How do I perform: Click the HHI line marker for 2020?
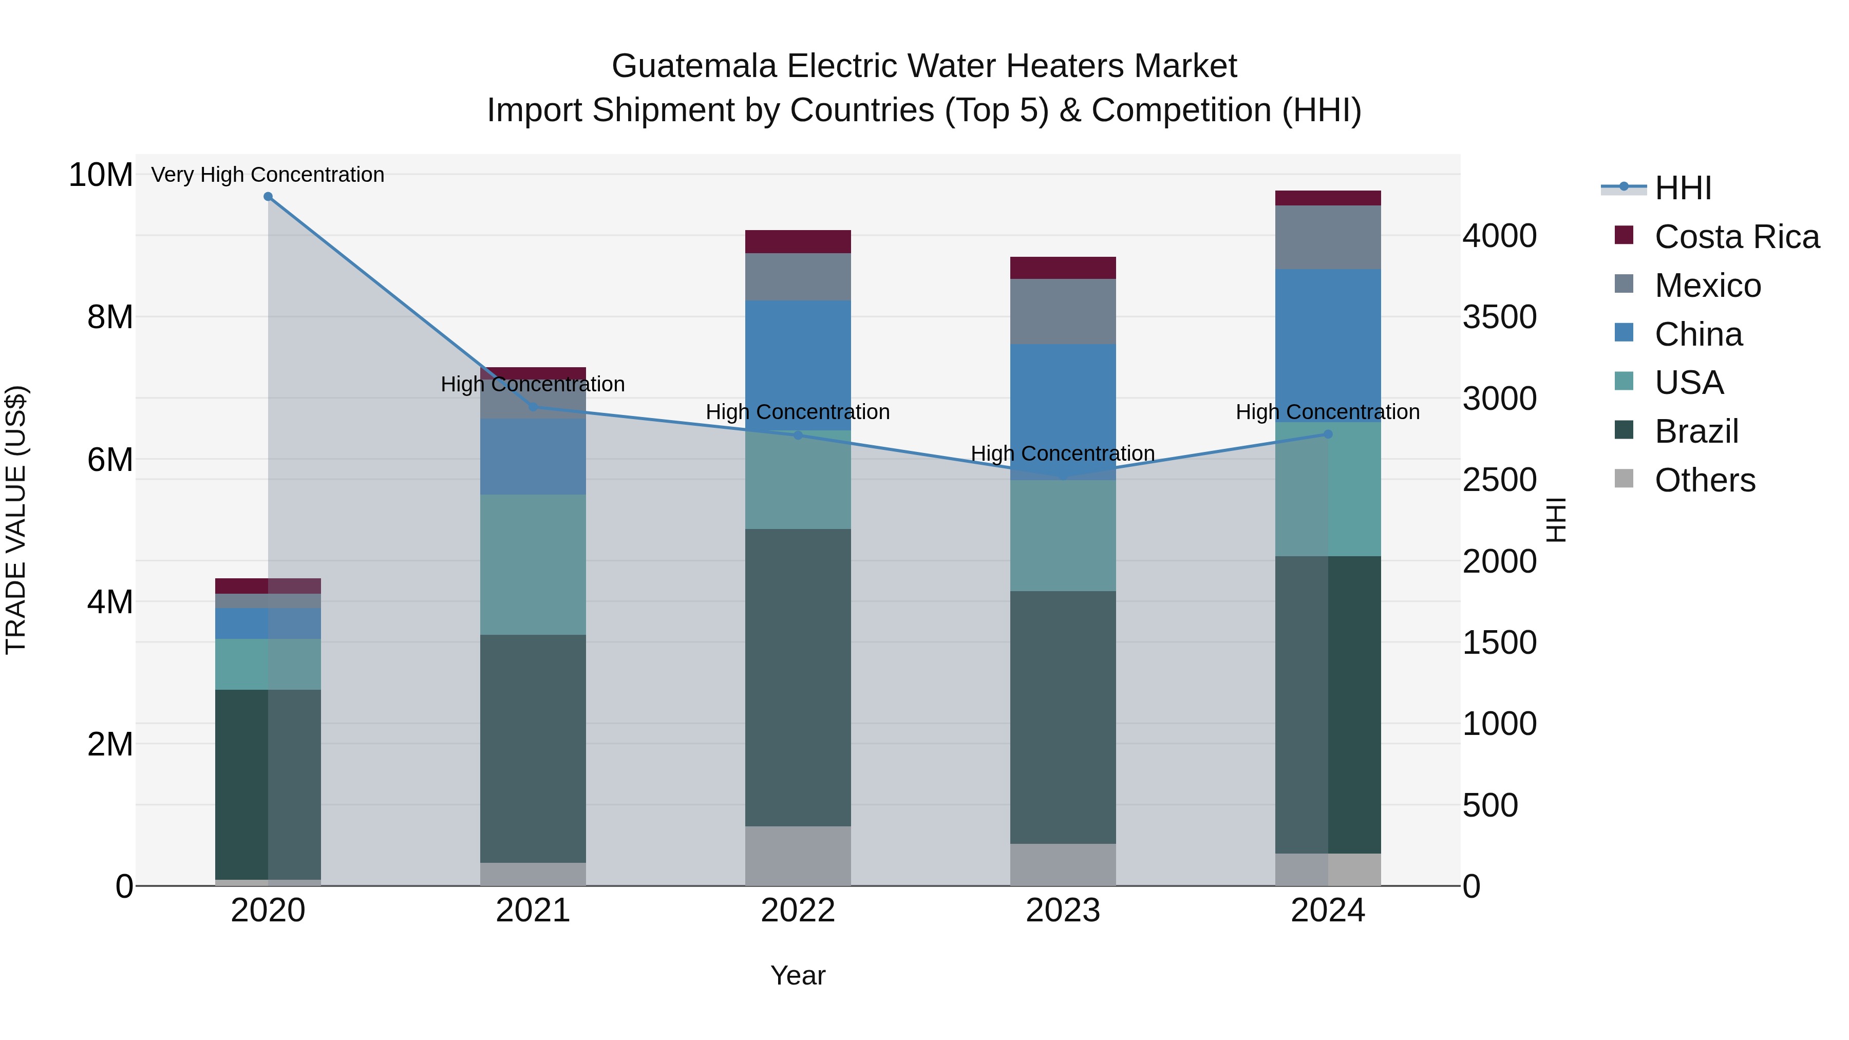[x=268, y=196]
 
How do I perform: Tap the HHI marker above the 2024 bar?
[x=1327, y=434]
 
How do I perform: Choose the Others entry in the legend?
[x=1705, y=480]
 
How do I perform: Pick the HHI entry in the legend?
[x=1683, y=188]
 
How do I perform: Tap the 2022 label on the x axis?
[x=798, y=911]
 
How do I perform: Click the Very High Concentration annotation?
[x=268, y=175]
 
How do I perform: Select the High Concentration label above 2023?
[x=1062, y=453]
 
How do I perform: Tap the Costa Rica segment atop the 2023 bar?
[x=1062, y=267]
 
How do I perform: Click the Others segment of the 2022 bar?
[x=798, y=856]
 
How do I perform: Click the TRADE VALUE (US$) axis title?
[x=16, y=520]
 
